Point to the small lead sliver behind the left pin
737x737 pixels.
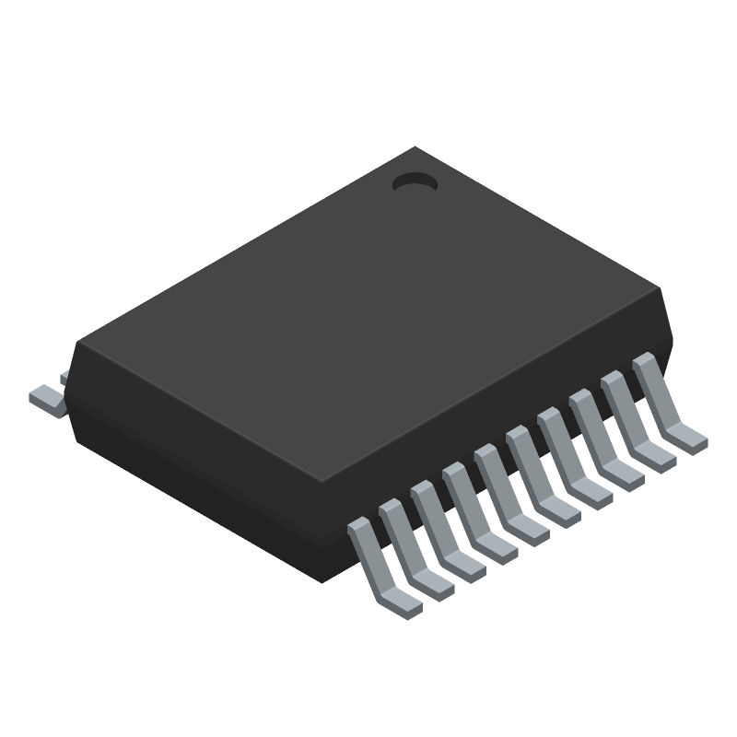click(64, 378)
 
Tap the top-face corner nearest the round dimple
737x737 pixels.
click(415, 148)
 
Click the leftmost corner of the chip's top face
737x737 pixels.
click(79, 343)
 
